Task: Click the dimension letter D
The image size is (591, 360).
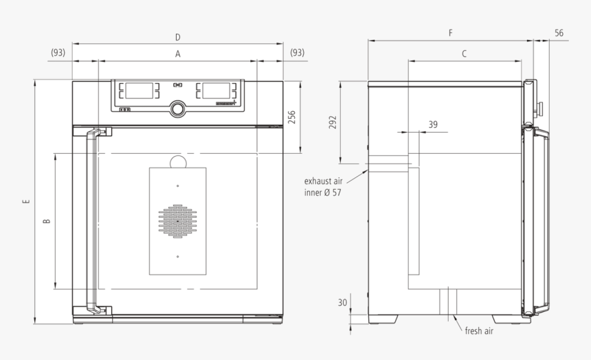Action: [177, 37]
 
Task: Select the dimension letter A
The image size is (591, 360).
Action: [177, 53]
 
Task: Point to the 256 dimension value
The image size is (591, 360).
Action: [291, 118]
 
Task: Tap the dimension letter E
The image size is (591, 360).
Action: [26, 202]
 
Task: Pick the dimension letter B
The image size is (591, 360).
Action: [46, 221]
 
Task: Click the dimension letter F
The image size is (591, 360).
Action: [450, 32]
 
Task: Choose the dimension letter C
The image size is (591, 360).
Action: [464, 53]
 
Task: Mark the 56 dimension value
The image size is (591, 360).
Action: [559, 32]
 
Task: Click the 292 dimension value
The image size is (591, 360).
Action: [333, 122]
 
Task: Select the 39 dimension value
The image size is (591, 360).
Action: [432, 124]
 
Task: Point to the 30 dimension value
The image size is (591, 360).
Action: [342, 302]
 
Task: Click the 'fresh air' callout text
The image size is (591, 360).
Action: [478, 331]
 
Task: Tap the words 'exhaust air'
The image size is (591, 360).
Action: [323, 181]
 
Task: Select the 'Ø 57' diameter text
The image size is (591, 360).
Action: [331, 192]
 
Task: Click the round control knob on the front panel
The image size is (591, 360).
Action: [178, 109]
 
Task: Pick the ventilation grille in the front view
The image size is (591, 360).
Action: [177, 222]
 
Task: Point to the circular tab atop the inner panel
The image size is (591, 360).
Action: [177, 161]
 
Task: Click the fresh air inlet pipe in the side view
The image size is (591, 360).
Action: [447, 301]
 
